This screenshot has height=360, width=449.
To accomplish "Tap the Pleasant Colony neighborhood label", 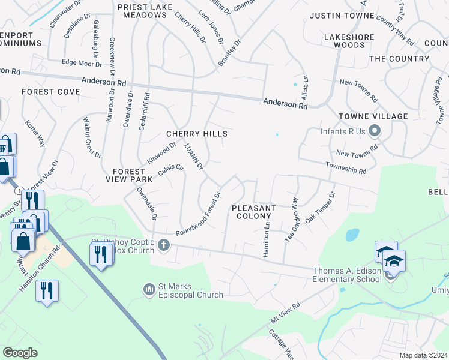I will click(x=254, y=212).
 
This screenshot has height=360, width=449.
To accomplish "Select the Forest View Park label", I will click(x=133, y=175).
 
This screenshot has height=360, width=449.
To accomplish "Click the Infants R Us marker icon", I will click(x=375, y=130).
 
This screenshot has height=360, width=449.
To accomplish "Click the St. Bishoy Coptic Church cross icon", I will click(x=164, y=245).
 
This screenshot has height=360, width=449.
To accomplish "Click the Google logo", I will click(x=20, y=353).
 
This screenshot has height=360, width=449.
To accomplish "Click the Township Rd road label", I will click(x=345, y=167).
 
